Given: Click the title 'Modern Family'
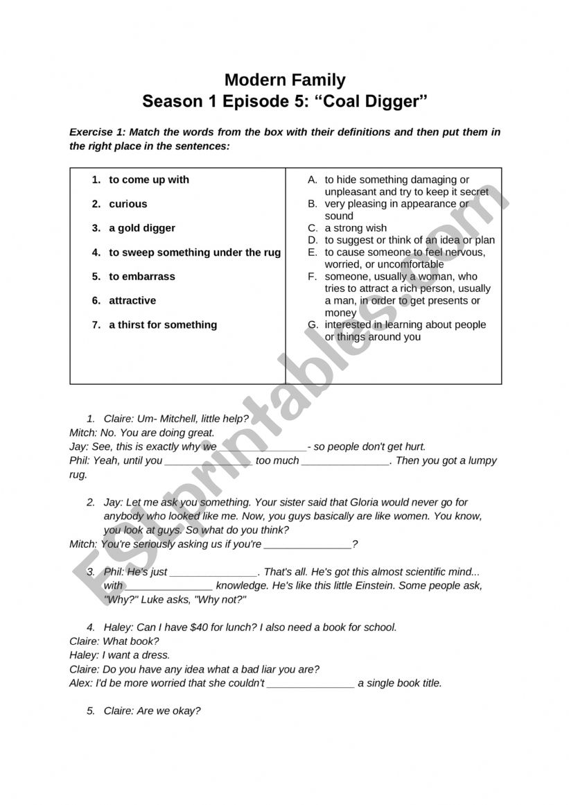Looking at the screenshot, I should (285, 80).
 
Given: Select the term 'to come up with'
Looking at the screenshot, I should (148, 180).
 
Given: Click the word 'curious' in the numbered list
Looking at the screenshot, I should (128, 204).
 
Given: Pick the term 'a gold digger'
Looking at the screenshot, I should (141, 228).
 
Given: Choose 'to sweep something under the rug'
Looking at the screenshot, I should (195, 252).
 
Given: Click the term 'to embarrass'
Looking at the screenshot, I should (141, 276).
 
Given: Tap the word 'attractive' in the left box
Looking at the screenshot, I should (132, 300).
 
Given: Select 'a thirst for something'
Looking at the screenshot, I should (162, 324).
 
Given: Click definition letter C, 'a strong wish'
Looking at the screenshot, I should (356, 228).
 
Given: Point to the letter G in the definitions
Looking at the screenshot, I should (313, 324).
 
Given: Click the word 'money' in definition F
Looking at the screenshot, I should (340, 313).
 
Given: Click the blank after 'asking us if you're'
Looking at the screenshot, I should (308, 545).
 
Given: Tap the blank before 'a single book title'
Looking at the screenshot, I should (310, 684).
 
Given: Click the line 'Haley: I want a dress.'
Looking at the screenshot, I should (119, 655).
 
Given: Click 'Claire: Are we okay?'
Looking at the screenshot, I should (152, 711).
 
